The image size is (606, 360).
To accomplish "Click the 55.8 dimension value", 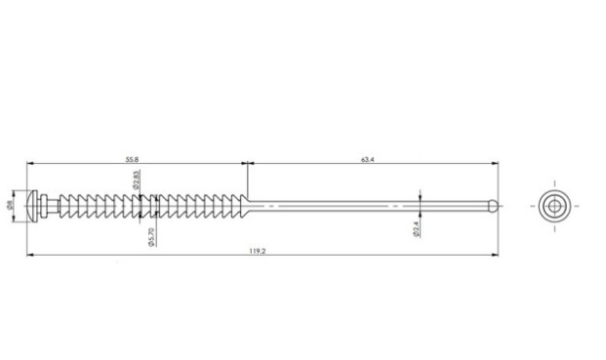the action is [132, 159].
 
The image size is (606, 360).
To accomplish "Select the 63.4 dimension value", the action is [368, 159].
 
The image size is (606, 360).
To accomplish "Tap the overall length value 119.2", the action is [258, 251].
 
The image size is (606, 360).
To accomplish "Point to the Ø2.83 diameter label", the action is [136, 180].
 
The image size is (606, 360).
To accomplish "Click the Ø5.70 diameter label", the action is [151, 237].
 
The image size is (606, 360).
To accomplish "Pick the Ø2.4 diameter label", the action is [417, 229].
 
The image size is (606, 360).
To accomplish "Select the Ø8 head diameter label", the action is [10, 205].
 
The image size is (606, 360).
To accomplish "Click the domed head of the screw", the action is [33, 206].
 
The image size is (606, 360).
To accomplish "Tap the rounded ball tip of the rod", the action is [493, 206].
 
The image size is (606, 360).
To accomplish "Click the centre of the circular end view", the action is [554, 206].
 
